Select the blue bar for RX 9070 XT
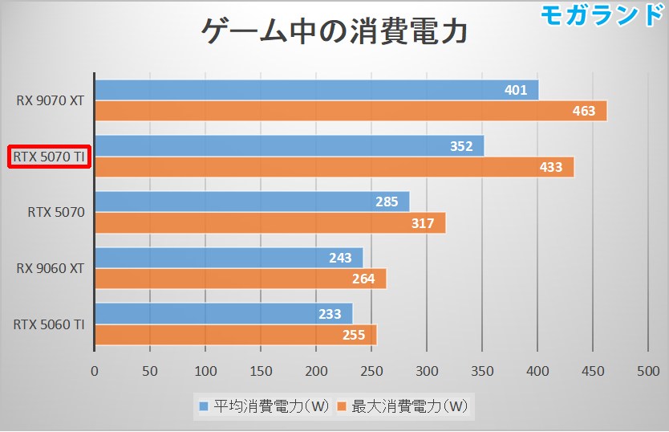click(x=316, y=90)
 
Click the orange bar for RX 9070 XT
click(x=351, y=111)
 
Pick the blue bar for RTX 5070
click(x=252, y=202)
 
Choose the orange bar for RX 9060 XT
click(x=241, y=279)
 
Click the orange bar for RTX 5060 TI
click(x=235, y=335)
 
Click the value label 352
click(x=460, y=146)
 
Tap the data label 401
click(x=516, y=90)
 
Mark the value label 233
click(x=330, y=315)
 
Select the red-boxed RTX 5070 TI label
click(x=50, y=157)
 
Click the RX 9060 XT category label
click(x=50, y=269)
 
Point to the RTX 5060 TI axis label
click(x=50, y=324)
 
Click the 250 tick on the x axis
click(x=371, y=372)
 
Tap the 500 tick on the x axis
click(x=647, y=372)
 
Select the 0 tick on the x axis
click(x=95, y=372)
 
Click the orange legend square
click(x=342, y=406)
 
